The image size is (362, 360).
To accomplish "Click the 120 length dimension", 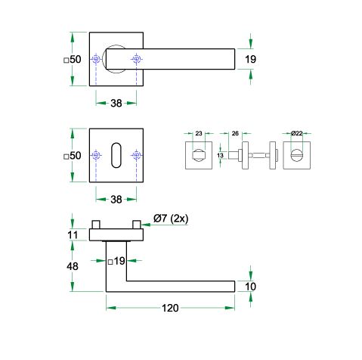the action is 170,308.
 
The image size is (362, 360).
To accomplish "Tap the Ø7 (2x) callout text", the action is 171,219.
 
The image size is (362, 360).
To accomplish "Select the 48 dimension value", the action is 73,266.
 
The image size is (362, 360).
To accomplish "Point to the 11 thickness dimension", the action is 73,235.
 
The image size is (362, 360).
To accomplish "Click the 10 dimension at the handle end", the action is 250,287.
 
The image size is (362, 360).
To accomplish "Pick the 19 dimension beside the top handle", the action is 250,59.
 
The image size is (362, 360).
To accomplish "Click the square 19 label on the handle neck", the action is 116,261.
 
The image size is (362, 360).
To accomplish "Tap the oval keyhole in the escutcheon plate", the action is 116,155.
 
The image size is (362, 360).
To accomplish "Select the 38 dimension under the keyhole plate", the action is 116,200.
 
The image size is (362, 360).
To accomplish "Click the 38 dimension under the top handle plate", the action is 116,103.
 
